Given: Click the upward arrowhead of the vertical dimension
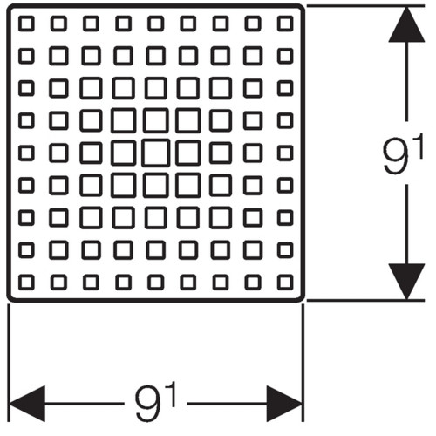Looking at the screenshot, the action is point(406,24).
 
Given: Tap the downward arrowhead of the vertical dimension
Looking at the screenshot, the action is point(406,282).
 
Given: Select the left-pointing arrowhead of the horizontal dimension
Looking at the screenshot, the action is point(28,404).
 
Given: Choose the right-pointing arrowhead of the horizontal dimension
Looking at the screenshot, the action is point(284,404).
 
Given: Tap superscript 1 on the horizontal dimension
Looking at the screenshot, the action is point(171,394).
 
